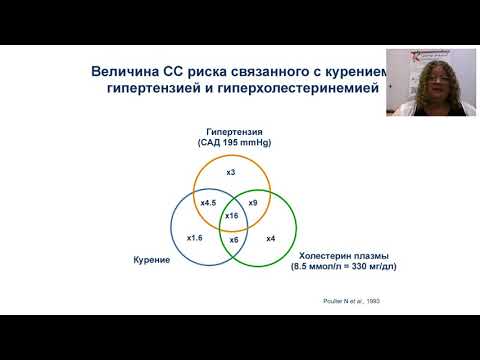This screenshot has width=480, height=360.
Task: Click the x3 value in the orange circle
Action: click(x=230, y=173)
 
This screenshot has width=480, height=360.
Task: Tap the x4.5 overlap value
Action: click(x=209, y=203)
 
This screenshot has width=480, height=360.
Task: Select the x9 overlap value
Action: click(x=253, y=203)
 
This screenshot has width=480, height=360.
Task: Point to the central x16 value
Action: click(x=231, y=216)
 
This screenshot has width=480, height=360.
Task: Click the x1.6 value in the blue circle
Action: click(x=194, y=237)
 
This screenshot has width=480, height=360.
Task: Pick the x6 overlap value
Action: click(x=233, y=240)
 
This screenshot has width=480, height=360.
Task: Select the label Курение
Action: click(x=151, y=260)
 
